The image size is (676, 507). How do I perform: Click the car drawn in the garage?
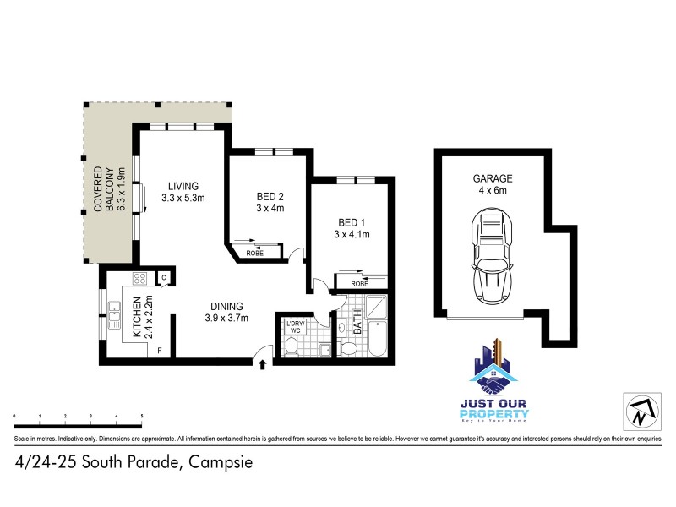[492, 259]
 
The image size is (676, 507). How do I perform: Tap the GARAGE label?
[493, 178]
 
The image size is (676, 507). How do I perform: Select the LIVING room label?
[183, 187]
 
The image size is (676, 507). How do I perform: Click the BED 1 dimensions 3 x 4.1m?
[352, 234]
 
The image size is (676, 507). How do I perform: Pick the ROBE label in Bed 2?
[253, 253]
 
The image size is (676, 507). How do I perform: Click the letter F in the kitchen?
[160, 351]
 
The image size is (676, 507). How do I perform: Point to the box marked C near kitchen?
[164, 277]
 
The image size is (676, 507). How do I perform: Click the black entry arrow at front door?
[262, 365]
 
